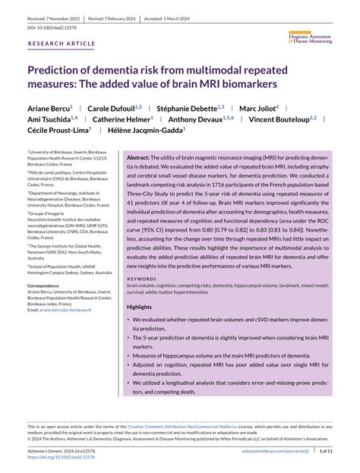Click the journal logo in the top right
point(311,35)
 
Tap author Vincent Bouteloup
point(282,119)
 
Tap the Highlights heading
point(139,306)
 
